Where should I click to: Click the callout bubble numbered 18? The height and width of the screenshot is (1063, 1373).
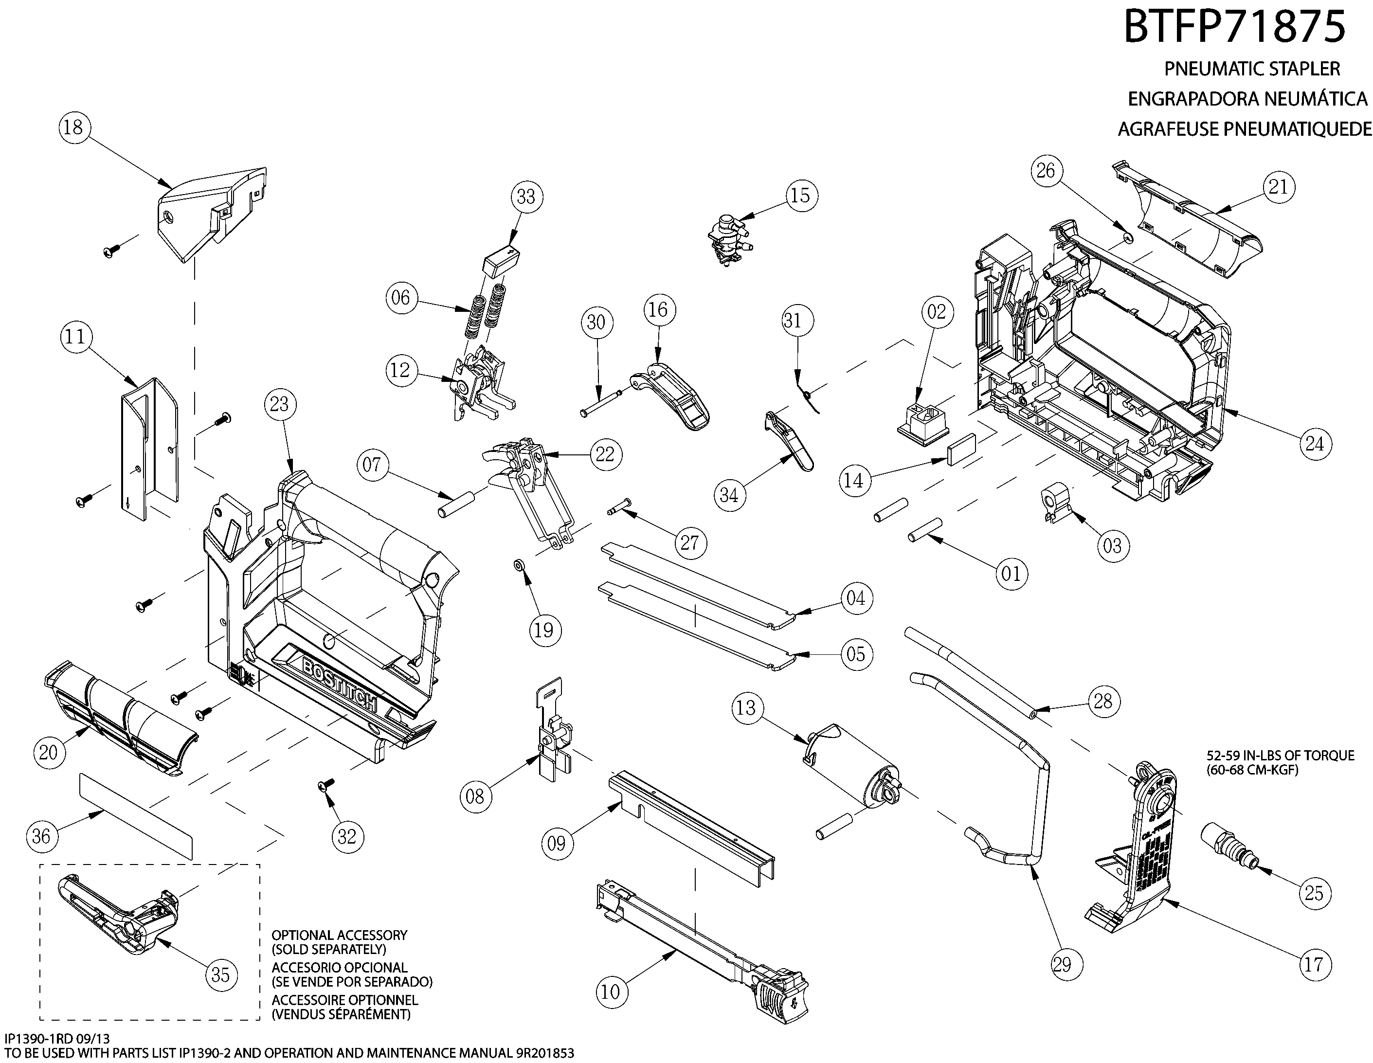pos(73,127)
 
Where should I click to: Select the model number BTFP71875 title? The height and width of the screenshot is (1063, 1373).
pos(1234,28)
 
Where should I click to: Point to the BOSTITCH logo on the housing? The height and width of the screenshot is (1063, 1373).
pos(340,685)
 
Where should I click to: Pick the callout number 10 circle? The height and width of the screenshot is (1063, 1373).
pos(611,992)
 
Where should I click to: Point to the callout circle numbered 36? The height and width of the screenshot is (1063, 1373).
pos(41,836)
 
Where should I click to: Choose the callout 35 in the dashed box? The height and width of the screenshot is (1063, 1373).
pos(220,974)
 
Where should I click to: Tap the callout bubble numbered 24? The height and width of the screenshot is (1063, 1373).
pos(1315,444)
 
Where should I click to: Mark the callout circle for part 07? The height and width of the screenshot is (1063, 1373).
pos(372,465)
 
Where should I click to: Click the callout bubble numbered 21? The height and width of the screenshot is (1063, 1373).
pos(1278,187)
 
